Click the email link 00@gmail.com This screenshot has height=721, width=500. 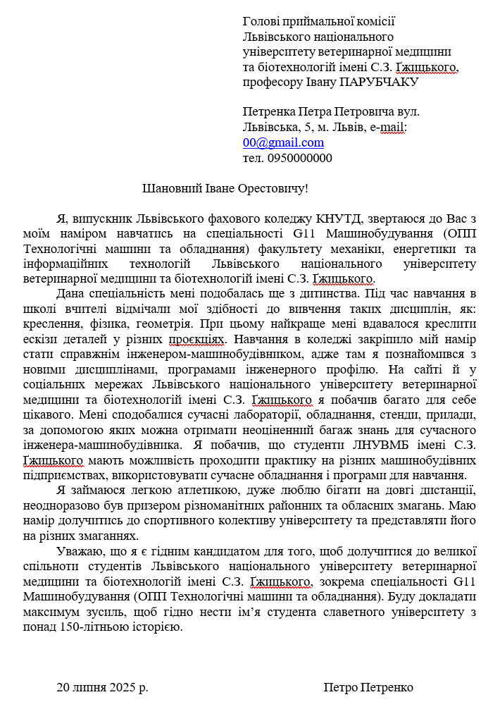283,142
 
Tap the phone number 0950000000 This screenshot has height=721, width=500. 299,158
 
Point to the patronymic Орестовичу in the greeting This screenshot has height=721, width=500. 268,189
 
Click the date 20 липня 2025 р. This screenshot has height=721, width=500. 102,687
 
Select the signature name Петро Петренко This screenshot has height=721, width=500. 368,687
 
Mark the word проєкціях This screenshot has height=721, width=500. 197,339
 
